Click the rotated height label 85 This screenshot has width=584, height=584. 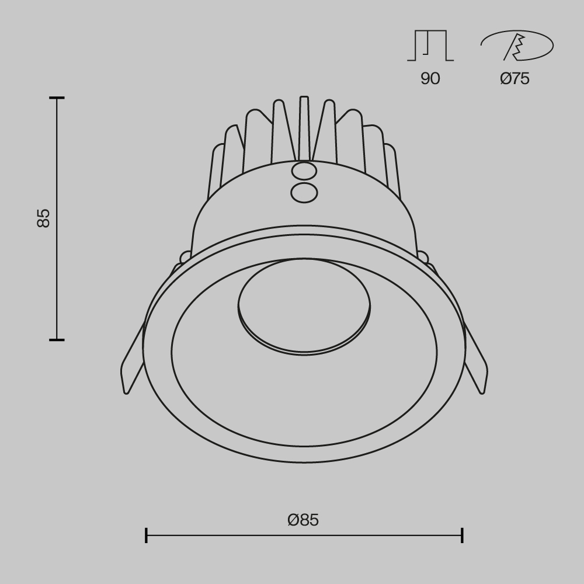click(43, 218)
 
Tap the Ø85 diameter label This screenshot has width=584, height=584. click(303, 520)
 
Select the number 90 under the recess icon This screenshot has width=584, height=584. click(430, 79)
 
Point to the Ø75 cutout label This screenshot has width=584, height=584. click(515, 79)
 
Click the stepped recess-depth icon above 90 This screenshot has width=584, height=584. click(430, 46)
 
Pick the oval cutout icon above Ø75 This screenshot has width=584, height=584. click(517, 46)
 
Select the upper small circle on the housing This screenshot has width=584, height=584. click(304, 171)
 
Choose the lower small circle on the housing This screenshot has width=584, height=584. click(304, 192)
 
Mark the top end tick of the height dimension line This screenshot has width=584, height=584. click(57, 98)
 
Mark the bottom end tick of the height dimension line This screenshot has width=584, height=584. click(57, 339)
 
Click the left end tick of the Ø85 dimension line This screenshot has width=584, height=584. click(146, 535)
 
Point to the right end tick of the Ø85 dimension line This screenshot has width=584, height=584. click(462, 535)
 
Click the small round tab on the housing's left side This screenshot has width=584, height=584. click(186, 256)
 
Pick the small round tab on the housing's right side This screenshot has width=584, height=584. click(422, 256)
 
